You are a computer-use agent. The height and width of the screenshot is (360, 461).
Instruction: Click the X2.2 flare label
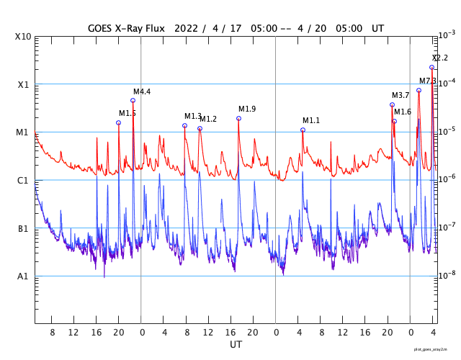pos(439,58)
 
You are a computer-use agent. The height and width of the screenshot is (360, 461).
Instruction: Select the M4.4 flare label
pos(142,91)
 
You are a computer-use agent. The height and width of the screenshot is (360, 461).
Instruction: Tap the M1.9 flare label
pos(247,109)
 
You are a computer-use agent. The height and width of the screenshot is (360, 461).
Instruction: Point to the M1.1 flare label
pos(311,120)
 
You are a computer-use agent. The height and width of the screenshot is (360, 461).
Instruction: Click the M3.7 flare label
pos(400,95)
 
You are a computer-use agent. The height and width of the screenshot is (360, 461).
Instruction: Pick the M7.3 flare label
pos(428,81)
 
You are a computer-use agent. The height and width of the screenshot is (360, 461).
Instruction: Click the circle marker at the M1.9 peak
pos(238,118)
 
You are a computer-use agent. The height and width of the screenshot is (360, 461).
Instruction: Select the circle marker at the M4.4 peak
pos(133,100)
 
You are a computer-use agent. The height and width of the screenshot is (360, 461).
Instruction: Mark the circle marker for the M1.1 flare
pos(303,130)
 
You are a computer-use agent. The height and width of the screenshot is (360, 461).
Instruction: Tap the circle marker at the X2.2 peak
pos(431,67)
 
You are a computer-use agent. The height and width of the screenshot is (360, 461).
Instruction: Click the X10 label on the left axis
pos(24,37)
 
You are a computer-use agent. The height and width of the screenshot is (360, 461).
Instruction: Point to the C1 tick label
pos(23,181)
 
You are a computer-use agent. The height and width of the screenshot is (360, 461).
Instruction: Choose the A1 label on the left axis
pos(23,276)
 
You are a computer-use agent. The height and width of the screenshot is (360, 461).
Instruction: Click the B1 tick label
pos(23,229)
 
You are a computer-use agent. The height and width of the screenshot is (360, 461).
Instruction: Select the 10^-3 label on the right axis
pos(447,35)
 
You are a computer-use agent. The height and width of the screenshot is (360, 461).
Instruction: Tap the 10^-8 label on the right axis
pos(447,276)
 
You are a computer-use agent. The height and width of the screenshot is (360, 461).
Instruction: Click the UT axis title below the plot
pos(236,345)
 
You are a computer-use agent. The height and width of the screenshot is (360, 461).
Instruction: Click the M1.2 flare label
pos(208,119)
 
